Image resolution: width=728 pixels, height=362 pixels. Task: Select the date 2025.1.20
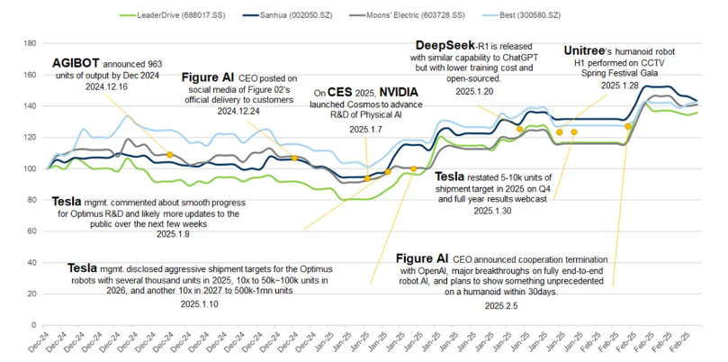(475, 92)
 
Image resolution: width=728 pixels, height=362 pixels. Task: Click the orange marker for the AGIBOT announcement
(170, 155)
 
